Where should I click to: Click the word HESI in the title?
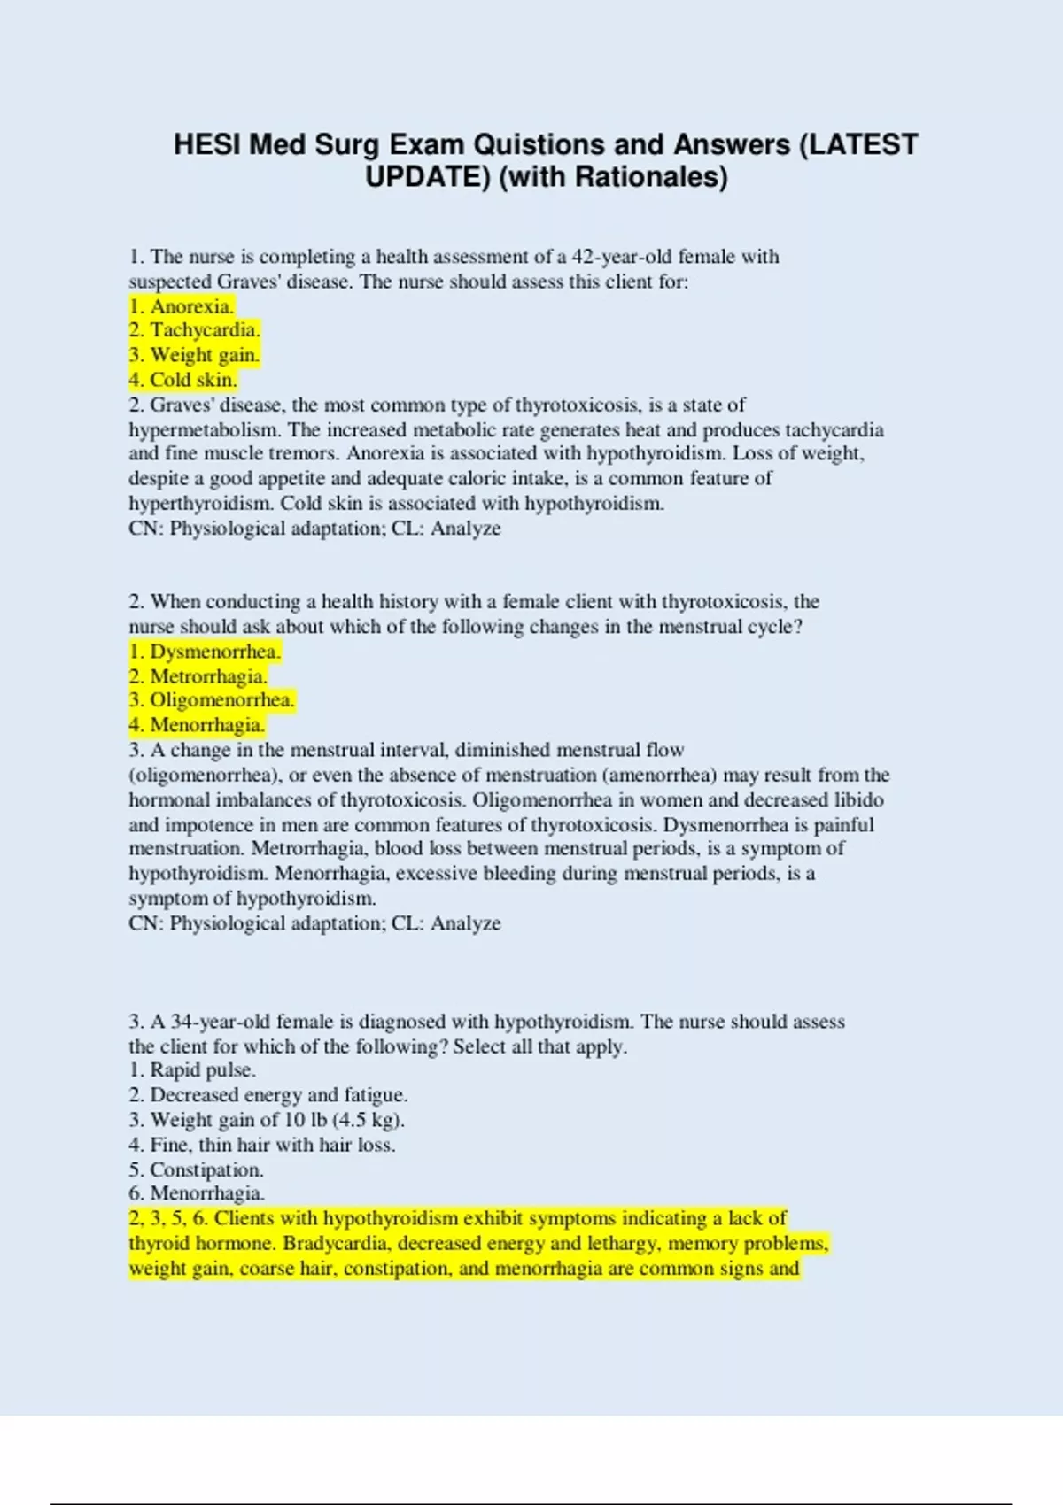coord(207,144)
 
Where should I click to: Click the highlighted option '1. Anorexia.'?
coord(182,306)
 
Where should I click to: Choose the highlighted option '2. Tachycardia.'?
coord(194,330)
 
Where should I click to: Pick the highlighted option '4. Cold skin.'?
coord(182,380)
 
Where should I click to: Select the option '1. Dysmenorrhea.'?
coord(205,652)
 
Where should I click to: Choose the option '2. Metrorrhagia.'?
coord(198,676)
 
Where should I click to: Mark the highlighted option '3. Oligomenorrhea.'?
coord(212,700)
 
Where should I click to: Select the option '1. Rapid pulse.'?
coord(192,1070)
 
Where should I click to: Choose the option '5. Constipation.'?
coord(196,1169)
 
